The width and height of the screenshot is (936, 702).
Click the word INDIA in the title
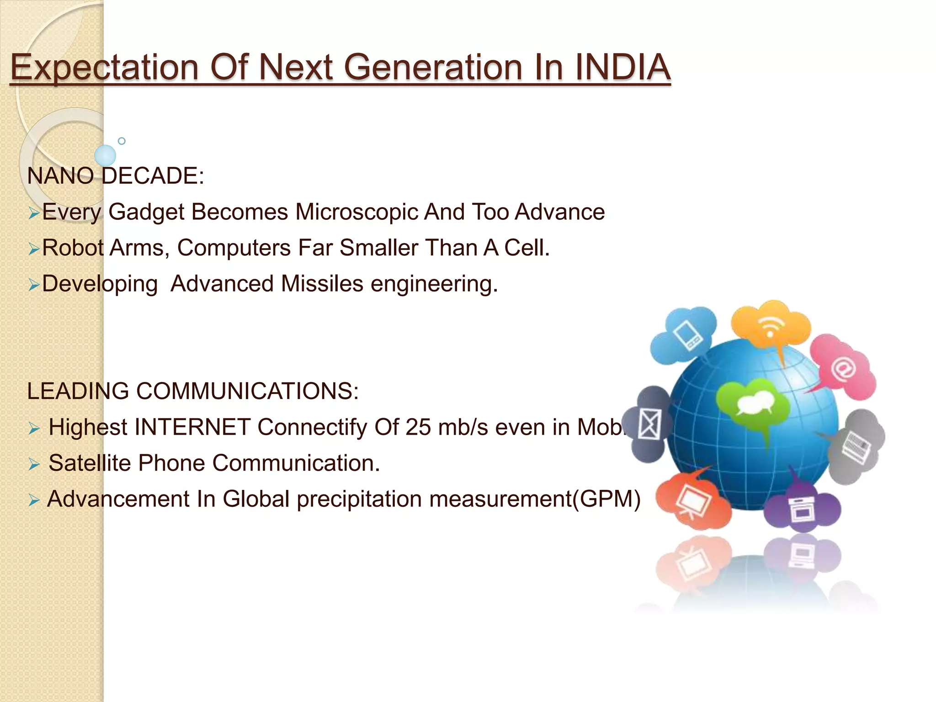point(622,68)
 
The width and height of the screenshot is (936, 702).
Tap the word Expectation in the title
point(104,68)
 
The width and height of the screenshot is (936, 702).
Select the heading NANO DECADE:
point(116,176)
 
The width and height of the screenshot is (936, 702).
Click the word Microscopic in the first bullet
point(356,212)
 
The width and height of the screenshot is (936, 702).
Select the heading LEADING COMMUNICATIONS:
point(193,391)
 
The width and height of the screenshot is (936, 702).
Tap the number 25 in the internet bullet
point(418,427)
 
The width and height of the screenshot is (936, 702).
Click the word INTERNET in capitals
point(192,427)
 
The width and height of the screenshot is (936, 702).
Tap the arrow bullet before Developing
point(34,285)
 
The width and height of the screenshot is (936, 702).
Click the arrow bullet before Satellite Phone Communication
point(34,465)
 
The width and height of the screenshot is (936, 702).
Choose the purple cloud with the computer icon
point(802,510)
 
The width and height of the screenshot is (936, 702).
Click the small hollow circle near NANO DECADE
point(122,141)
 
